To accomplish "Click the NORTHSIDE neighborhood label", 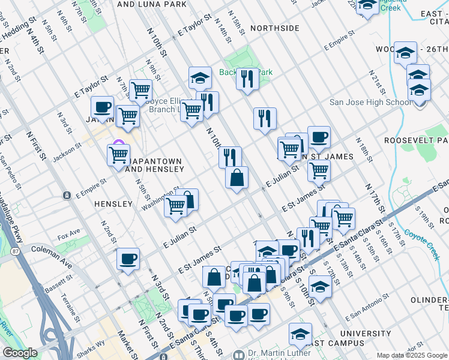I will pyautogui.click(x=274, y=28).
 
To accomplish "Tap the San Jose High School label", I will pyautogui.click(x=370, y=102).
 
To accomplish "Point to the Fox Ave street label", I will pyautogui.click(x=69, y=232).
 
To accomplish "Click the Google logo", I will pyautogui.click(x=20, y=353).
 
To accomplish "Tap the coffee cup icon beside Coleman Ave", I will pyautogui.click(x=128, y=259).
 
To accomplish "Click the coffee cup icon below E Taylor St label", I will pyautogui.click(x=103, y=108).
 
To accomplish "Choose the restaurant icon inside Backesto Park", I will pyautogui.click(x=247, y=78).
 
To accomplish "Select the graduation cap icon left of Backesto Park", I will pyautogui.click(x=200, y=77).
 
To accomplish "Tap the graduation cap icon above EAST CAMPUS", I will pyautogui.click(x=300, y=334).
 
